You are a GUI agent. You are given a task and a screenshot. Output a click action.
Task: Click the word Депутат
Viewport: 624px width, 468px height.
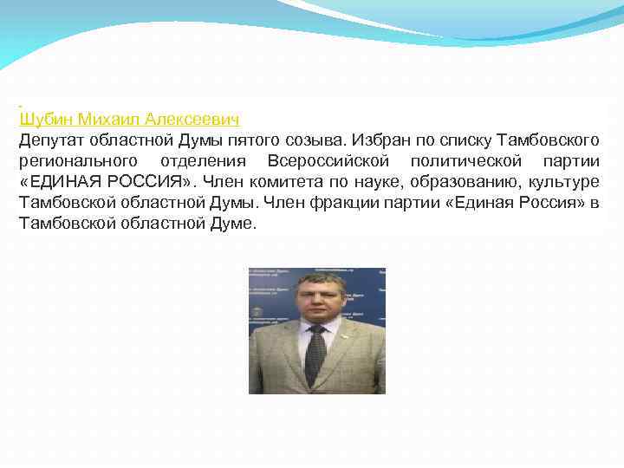50,140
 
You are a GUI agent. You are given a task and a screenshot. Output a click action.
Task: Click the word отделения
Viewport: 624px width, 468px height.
203,161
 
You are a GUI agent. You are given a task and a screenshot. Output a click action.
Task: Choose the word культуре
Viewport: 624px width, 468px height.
563,182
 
